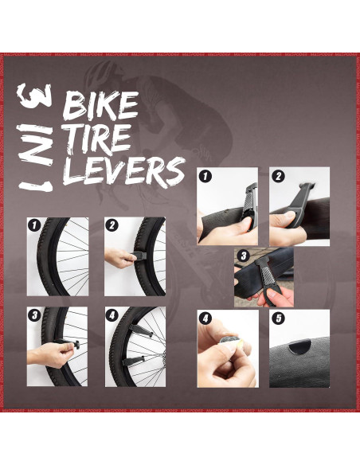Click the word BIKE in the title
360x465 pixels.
click(x=100, y=107)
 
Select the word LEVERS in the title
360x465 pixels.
click(x=123, y=170)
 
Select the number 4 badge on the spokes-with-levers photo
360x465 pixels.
click(x=112, y=315)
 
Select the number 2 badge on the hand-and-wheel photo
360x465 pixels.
click(x=112, y=225)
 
